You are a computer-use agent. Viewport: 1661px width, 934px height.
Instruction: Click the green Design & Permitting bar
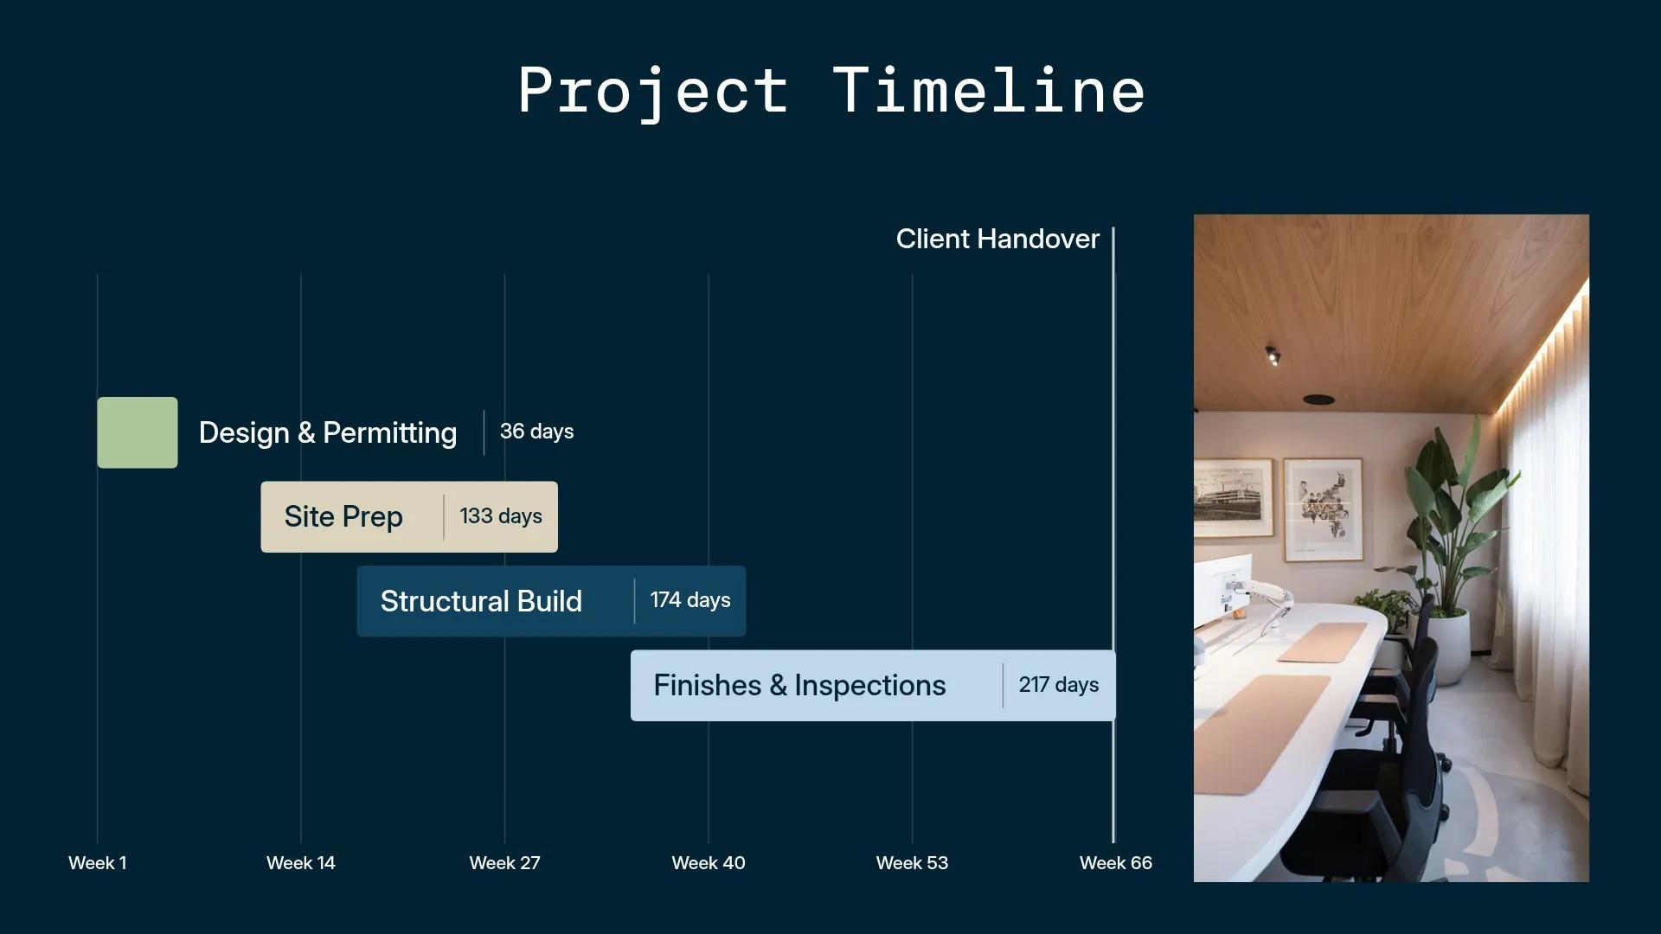click(x=138, y=432)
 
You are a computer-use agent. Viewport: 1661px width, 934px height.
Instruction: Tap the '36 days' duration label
click(x=536, y=432)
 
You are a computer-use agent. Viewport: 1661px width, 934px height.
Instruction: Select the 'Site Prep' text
click(x=343, y=517)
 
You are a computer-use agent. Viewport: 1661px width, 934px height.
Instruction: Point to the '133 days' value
click(x=500, y=516)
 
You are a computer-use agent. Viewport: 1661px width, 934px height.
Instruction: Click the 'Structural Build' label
click(x=481, y=601)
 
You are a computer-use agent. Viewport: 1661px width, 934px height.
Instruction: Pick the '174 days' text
click(x=689, y=600)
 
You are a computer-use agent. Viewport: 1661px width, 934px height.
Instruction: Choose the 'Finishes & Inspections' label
click(x=799, y=686)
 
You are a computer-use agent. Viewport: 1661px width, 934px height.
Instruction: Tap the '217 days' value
click(x=1058, y=685)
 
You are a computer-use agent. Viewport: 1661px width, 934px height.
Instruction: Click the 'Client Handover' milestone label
click(x=997, y=239)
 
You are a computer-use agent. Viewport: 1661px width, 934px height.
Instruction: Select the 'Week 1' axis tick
click(x=98, y=863)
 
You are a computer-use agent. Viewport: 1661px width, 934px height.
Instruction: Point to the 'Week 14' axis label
click(x=300, y=863)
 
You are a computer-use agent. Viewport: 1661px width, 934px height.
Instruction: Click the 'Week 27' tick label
click(x=504, y=863)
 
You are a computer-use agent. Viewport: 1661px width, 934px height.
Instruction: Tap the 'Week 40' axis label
click(x=708, y=863)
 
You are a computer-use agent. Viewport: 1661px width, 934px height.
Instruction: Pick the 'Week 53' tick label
click(x=912, y=863)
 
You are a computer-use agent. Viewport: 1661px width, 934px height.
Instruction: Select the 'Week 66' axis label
click(x=1115, y=863)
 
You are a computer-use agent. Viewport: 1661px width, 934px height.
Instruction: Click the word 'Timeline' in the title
click(x=989, y=91)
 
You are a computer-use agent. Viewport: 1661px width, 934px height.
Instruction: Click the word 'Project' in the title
click(x=653, y=91)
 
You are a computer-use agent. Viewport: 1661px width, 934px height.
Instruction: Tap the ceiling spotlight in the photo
click(x=1273, y=355)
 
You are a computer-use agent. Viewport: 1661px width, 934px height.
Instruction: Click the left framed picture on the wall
click(x=1232, y=499)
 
